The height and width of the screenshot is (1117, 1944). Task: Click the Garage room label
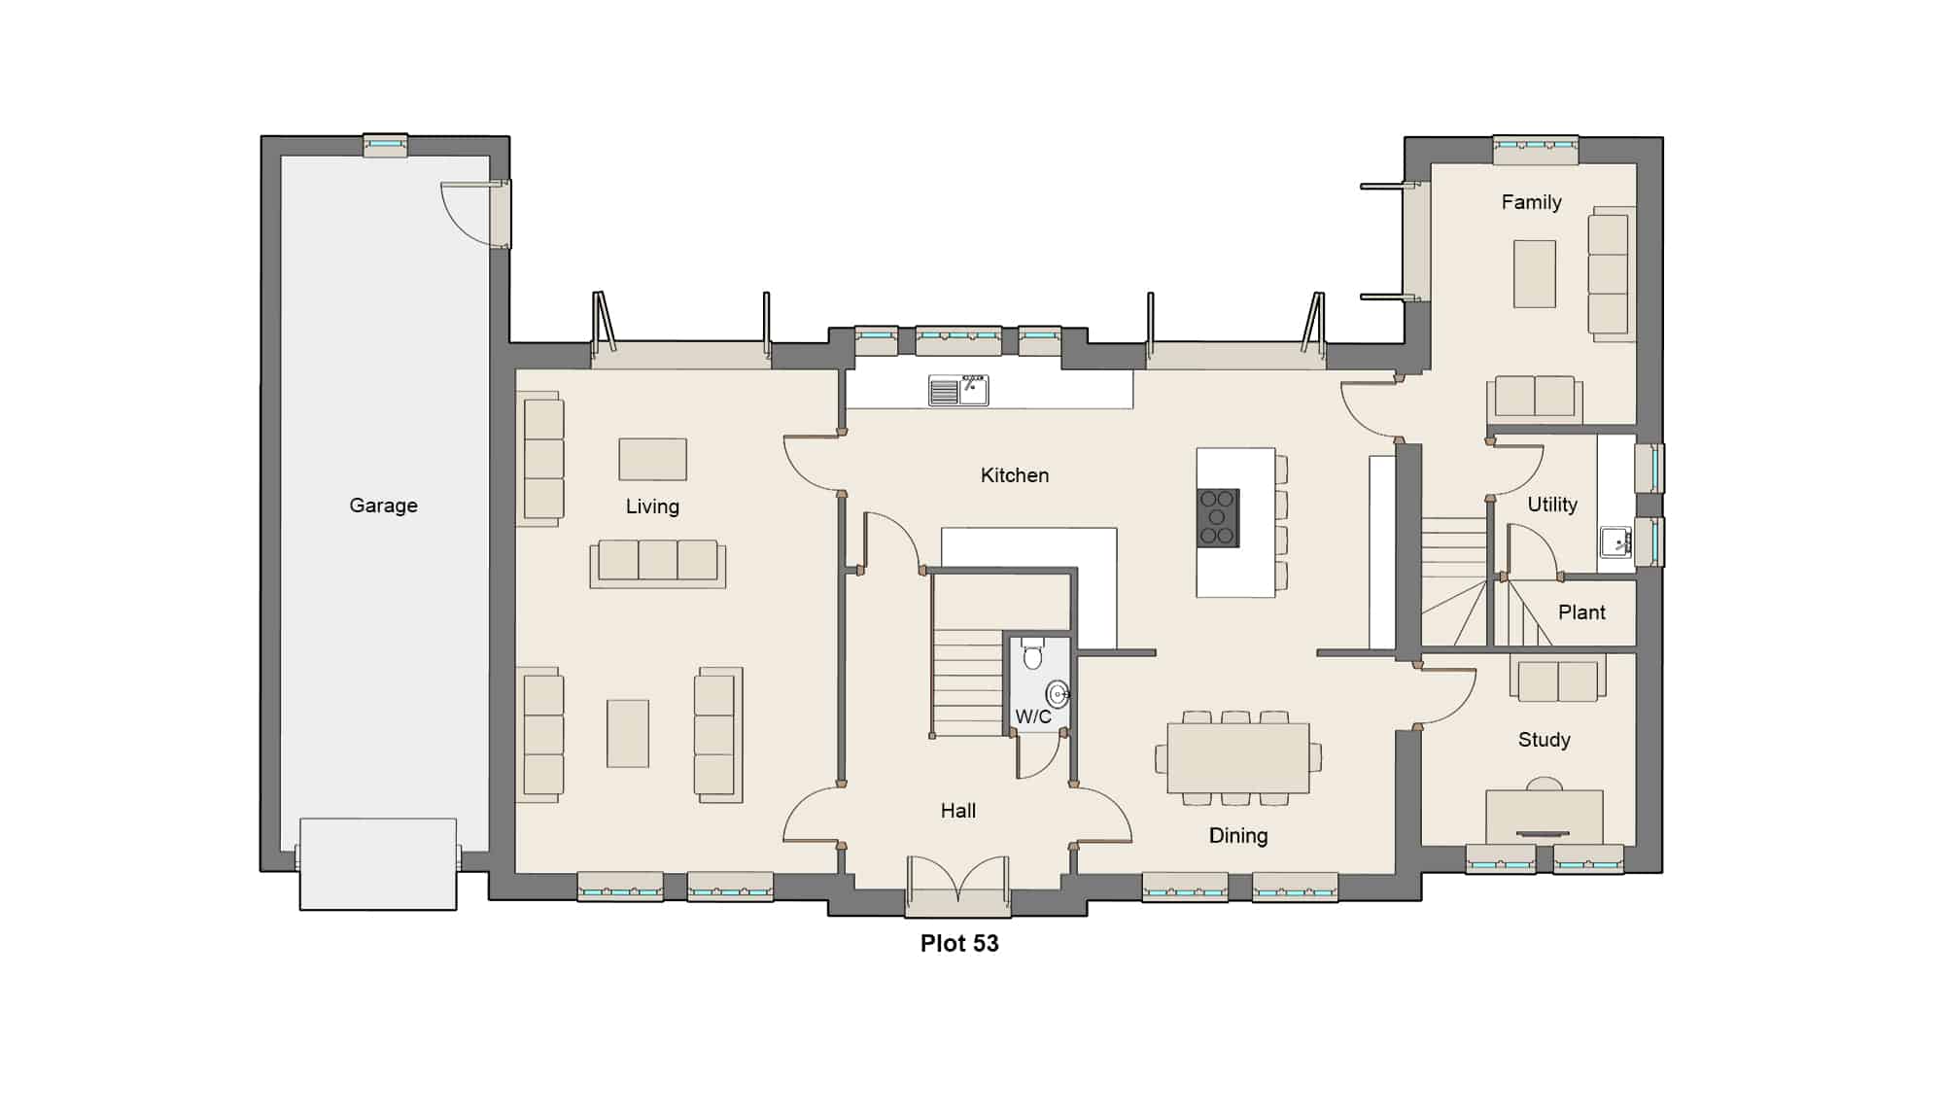click(383, 506)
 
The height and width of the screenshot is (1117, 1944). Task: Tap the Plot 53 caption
click(959, 943)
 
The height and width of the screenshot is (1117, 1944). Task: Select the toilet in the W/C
click(1032, 654)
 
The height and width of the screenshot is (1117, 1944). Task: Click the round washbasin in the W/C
click(1058, 694)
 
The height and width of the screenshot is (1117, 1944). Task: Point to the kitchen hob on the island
click(1218, 518)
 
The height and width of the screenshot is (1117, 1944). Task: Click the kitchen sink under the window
click(958, 390)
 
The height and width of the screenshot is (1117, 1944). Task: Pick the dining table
click(1238, 757)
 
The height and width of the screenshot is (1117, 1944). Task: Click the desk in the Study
click(1544, 817)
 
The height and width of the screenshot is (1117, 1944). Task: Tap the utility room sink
click(1615, 541)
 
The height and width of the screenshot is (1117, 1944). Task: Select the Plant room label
click(1581, 612)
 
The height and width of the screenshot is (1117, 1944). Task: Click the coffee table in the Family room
click(1535, 273)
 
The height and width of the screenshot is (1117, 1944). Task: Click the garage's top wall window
click(385, 145)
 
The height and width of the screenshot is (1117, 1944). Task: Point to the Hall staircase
click(967, 681)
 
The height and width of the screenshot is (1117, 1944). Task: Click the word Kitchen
click(1015, 475)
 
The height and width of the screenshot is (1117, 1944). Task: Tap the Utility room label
click(1552, 505)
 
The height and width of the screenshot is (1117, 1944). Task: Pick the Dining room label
click(1238, 835)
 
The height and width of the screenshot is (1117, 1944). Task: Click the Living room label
click(652, 506)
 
